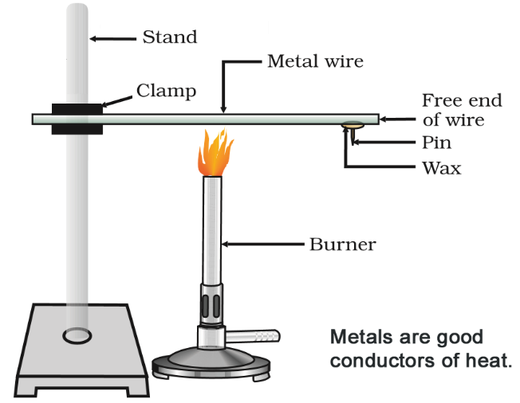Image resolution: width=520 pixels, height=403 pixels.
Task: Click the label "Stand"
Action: pyautogui.click(x=169, y=37)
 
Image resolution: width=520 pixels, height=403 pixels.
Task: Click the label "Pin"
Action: pyautogui.click(x=436, y=143)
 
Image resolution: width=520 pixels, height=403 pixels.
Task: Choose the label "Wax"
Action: pyautogui.click(x=441, y=168)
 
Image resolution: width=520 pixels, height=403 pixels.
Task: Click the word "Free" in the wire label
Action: pyautogui.click(x=441, y=101)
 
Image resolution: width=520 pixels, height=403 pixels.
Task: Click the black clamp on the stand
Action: pyautogui.click(x=77, y=119)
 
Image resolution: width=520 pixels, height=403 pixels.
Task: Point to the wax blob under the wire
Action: pyautogui.click(x=352, y=124)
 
